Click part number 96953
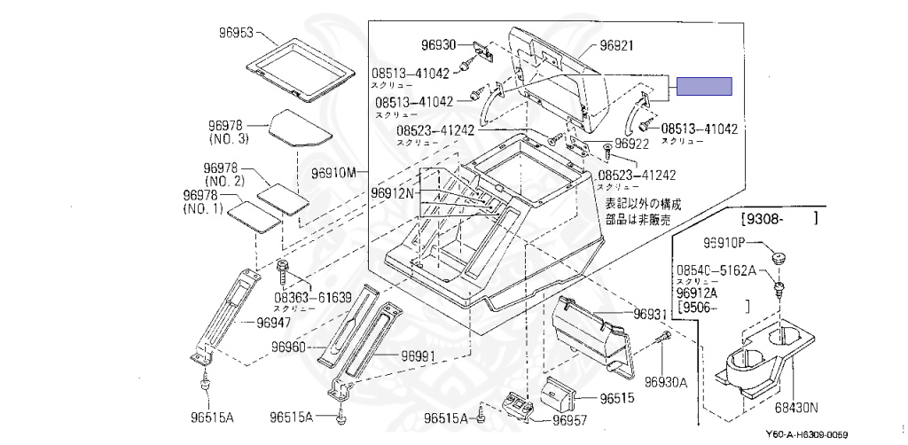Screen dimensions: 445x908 pos(236,34)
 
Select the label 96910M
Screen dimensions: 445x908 pos(333,171)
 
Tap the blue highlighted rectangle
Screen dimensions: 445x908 pos(706,86)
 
